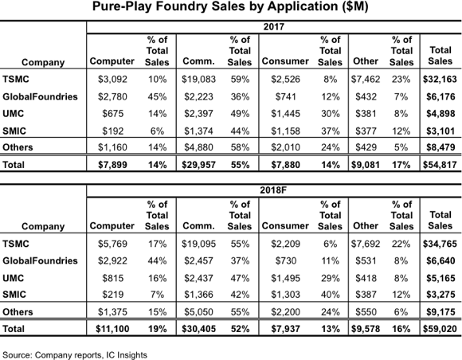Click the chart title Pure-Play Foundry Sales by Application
point(230,6)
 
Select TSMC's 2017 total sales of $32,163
point(440,79)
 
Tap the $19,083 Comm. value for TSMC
point(198,79)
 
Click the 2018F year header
point(273,190)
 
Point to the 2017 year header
point(274,27)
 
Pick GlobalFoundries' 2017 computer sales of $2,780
point(112,96)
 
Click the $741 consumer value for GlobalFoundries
point(285,96)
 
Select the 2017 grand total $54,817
point(440,165)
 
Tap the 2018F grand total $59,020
point(440,329)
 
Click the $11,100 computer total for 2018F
point(112,329)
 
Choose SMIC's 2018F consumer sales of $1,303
point(285,295)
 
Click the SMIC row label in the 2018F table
point(14,295)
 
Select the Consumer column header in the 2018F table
point(285,225)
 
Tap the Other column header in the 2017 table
point(366,61)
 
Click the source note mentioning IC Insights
point(75,355)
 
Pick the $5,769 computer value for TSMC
point(112,244)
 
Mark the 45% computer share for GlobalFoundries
point(158,96)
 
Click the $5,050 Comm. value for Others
point(198,311)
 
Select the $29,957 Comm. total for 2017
point(198,165)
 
